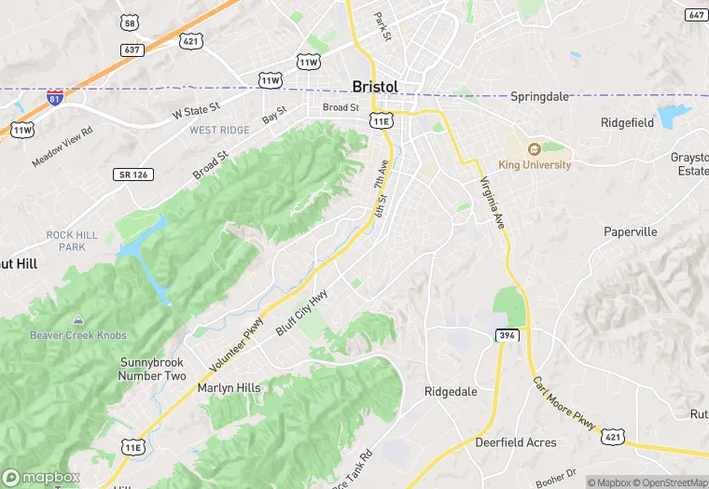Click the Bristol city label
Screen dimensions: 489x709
[375, 87]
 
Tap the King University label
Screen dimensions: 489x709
[535, 165]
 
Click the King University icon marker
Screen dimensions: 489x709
[534, 149]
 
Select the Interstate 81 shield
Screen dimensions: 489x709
[57, 97]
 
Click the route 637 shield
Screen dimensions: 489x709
[132, 49]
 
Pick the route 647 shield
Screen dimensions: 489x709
[696, 15]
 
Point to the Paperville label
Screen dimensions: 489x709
[631, 231]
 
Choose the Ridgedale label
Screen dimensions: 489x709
[451, 392]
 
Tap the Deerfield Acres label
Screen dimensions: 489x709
[516, 442]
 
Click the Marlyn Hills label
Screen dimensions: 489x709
[229, 388]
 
